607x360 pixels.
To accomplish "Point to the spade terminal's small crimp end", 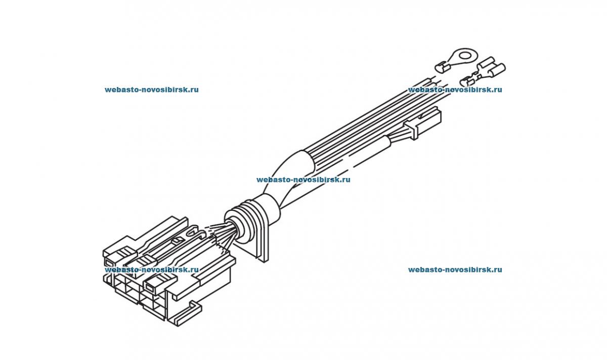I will coord(467,80).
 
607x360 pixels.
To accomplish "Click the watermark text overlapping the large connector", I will coord(152,270).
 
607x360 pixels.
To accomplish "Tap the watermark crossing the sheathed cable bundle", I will coord(303,179).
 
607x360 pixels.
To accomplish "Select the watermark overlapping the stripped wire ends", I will coord(455,90).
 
